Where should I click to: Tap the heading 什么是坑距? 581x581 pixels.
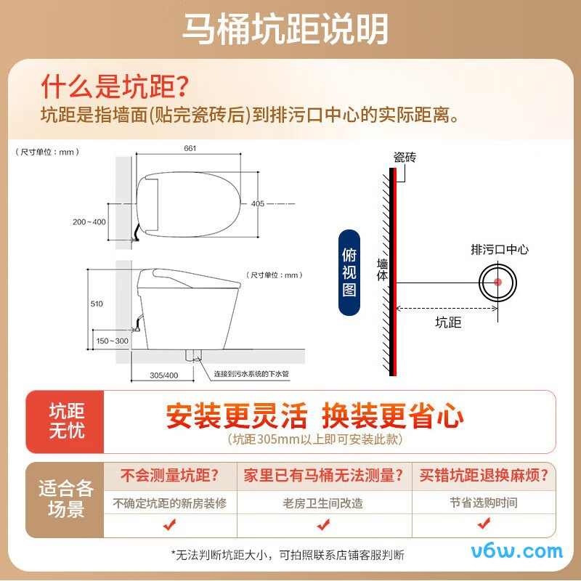click(114, 87)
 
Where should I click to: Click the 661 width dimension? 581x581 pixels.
click(190, 149)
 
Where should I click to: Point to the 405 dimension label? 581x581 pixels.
click(258, 203)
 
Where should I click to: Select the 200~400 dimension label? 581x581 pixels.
click(89, 222)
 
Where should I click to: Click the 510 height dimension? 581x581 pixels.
click(97, 304)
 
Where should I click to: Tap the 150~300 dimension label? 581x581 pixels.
click(111, 341)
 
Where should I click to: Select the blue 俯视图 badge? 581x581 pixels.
click(349, 272)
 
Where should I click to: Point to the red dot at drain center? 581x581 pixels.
click(497, 282)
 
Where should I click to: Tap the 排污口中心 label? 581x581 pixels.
click(500, 250)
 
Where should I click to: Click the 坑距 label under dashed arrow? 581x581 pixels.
click(448, 322)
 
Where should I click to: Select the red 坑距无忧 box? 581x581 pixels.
click(66, 421)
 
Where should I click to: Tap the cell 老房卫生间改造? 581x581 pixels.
click(322, 503)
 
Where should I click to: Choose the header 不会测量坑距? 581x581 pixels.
click(169, 476)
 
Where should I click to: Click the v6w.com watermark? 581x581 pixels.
click(516, 553)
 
